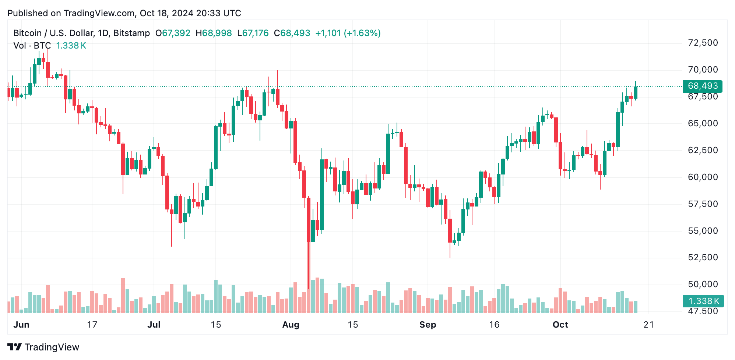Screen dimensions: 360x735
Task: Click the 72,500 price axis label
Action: (703, 43)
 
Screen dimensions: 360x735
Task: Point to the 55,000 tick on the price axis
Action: (703, 231)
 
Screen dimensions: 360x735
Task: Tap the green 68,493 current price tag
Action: (702, 86)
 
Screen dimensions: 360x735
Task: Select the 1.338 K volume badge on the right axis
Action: (703, 301)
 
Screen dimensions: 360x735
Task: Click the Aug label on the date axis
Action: (291, 325)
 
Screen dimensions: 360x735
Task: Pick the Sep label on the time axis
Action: (428, 325)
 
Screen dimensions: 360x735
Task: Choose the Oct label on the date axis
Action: (560, 325)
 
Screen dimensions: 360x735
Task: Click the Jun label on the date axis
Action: (21, 325)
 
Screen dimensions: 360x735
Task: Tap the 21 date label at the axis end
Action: (648, 325)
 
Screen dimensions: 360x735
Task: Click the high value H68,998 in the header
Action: (214, 33)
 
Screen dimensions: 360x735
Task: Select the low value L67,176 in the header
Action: (253, 33)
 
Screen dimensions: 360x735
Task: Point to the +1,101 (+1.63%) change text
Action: (348, 33)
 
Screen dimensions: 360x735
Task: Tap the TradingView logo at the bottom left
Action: (43, 347)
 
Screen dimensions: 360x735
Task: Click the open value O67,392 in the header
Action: (173, 33)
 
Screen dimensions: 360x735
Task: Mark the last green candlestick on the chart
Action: (636, 92)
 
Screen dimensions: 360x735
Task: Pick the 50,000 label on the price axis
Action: (703, 284)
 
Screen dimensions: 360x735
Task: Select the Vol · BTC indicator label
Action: (32, 46)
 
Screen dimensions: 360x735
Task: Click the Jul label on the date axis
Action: (154, 325)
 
